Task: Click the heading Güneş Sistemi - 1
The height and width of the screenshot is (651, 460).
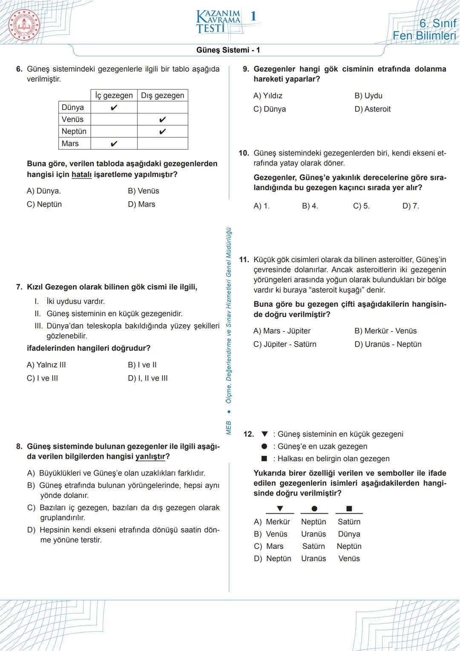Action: (x=228, y=50)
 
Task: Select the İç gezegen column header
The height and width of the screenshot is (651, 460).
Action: (x=114, y=95)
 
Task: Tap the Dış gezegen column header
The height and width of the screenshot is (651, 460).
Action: (x=162, y=95)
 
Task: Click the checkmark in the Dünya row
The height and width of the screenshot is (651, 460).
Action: (x=114, y=107)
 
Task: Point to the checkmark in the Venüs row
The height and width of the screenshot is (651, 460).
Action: (x=162, y=120)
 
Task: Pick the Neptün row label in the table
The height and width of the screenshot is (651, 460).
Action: (x=74, y=131)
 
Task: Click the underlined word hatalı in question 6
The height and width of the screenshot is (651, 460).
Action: (x=81, y=175)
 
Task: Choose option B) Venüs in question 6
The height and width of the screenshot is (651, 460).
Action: (x=143, y=191)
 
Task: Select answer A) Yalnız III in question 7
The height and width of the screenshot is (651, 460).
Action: (x=46, y=365)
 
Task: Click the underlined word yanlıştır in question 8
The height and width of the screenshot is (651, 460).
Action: (x=150, y=457)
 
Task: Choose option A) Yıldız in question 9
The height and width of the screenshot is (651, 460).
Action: (x=267, y=96)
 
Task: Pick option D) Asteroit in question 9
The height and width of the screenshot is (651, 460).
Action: (x=372, y=109)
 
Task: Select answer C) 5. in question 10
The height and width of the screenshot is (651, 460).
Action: (x=361, y=206)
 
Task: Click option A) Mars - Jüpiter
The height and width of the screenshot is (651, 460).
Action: (x=282, y=331)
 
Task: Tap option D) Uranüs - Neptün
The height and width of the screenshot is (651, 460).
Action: (x=388, y=344)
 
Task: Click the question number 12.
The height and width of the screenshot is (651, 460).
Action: (x=248, y=434)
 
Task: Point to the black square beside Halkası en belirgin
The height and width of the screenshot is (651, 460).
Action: (x=264, y=459)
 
